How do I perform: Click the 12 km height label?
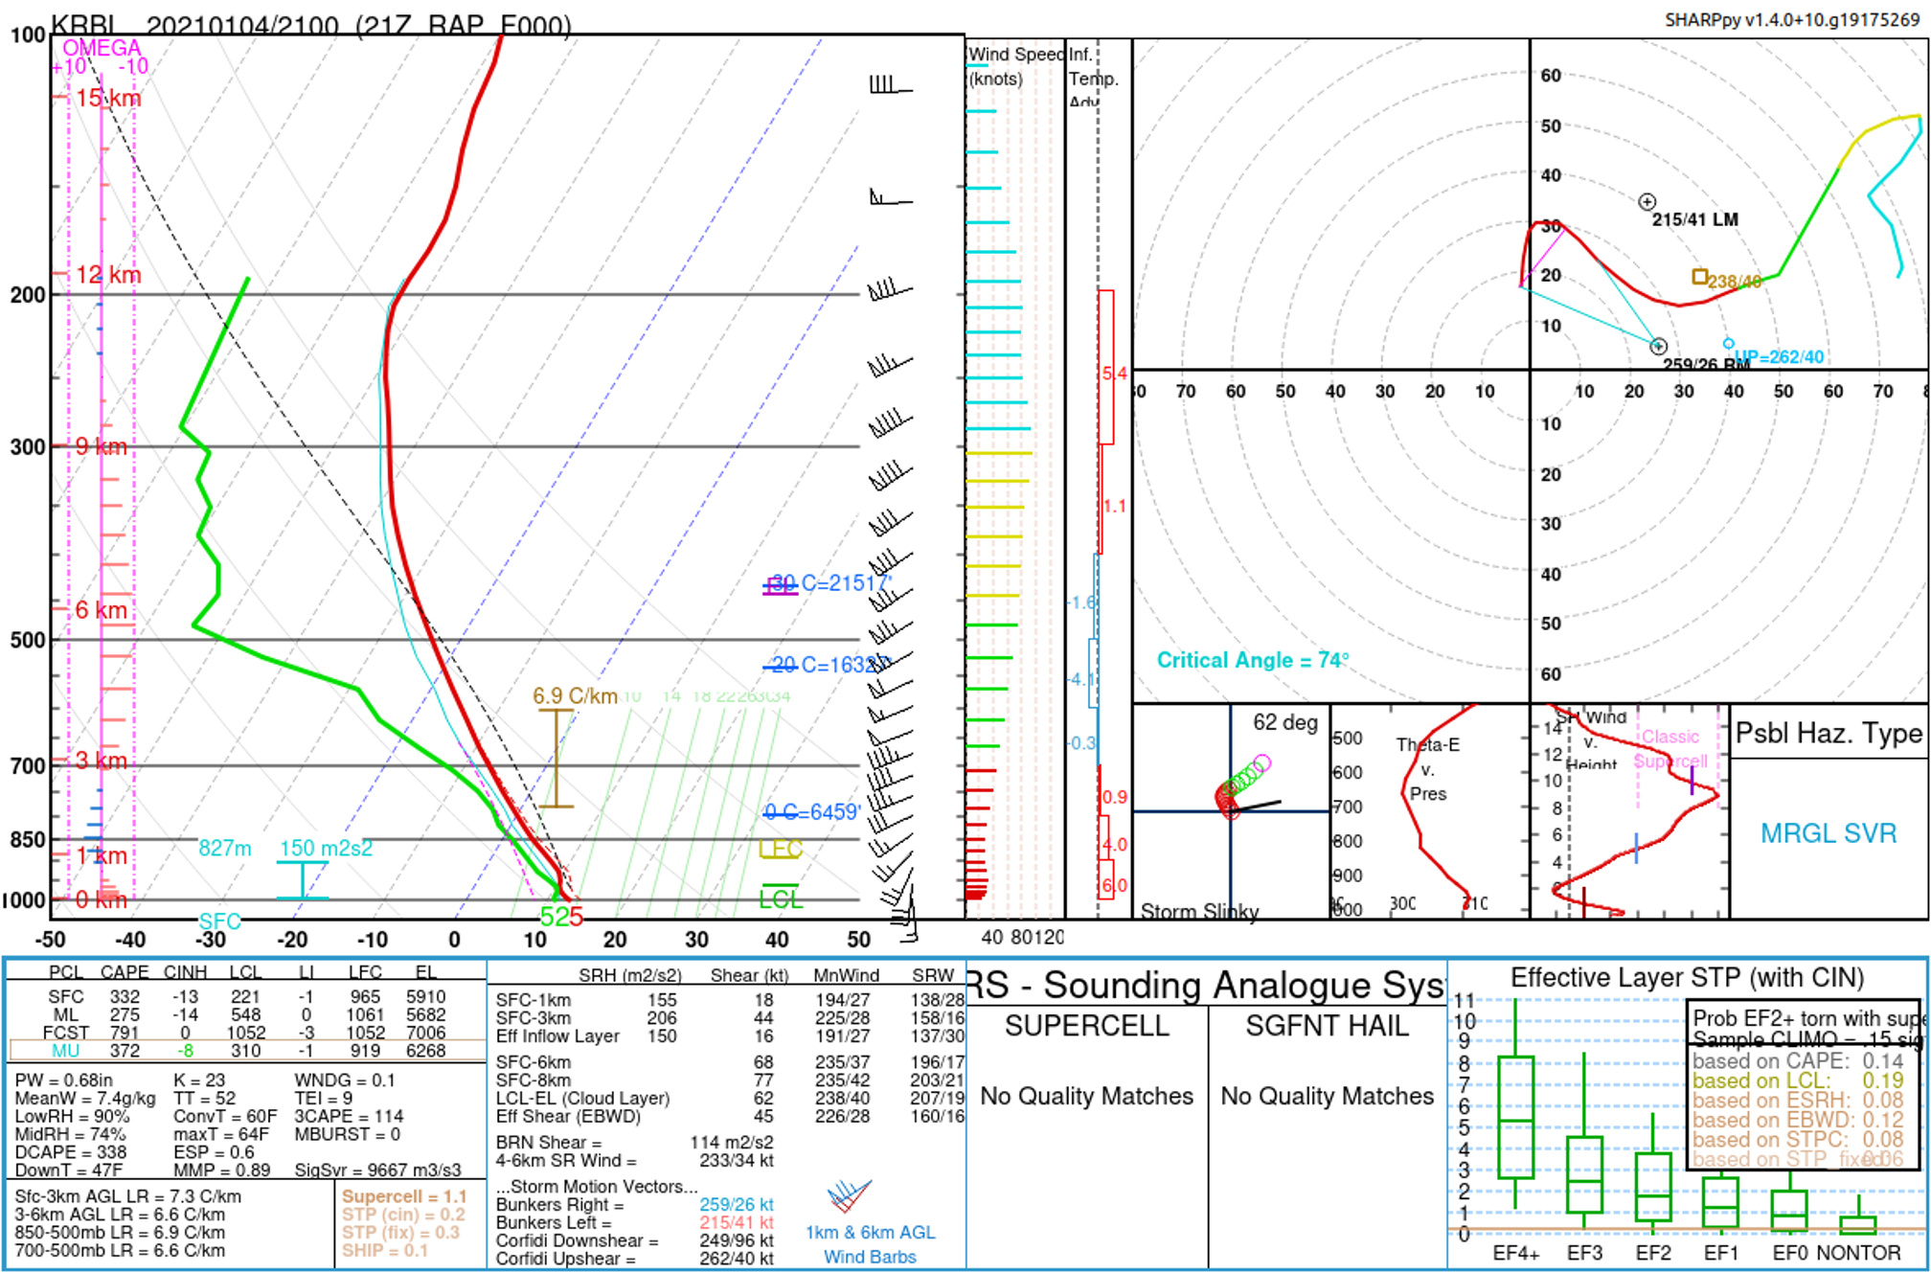point(108,275)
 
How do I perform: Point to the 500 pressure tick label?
point(28,640)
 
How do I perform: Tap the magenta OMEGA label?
point(102,48)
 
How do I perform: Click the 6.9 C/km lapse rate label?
point(575,696)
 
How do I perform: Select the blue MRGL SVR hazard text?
point(1828,833)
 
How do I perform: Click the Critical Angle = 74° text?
point(1252,660)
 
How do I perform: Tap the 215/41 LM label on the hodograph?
point(1694,219)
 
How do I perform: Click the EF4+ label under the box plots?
point(1515,1253)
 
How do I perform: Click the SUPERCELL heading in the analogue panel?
point(1086,1026)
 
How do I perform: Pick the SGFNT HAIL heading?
point(1327,1026)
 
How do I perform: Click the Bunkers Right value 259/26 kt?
point(736,1205)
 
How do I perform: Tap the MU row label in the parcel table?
point(65,1051)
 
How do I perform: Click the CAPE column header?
point(125,973)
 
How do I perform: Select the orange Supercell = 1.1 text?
point(403,1196)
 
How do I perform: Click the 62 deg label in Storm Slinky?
point(1284,722)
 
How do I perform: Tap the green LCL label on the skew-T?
point(781,899)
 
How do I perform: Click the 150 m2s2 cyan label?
point(326,849)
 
